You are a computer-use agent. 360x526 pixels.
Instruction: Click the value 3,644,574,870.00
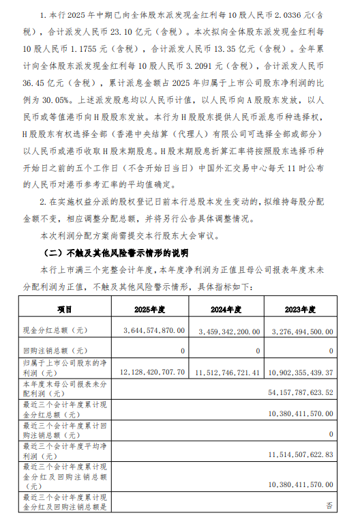click(x=146, y=330)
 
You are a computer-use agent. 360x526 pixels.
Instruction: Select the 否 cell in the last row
click(x=329, y=506)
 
